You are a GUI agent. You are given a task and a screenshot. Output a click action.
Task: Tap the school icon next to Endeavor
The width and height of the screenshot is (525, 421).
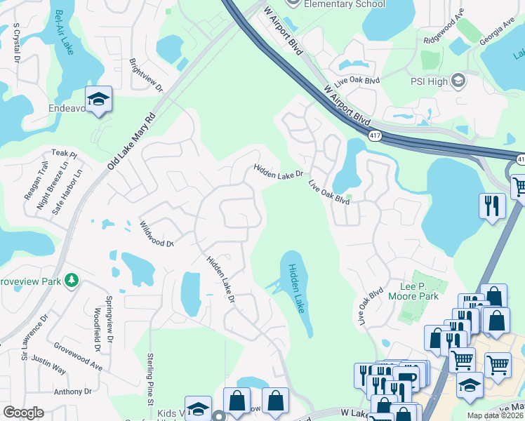pos(98,100)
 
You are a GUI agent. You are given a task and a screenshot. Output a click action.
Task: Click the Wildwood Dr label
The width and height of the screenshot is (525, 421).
pos(156,234)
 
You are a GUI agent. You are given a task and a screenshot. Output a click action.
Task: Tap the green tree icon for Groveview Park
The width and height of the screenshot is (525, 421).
pos(71,281)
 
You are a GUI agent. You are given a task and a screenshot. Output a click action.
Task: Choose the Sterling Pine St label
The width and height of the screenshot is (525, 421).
pos(149,381)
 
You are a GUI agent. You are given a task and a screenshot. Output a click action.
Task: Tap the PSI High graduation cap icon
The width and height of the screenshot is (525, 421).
pos(458,81)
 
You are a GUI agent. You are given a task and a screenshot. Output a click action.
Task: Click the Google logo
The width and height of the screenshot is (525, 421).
pos(23,412)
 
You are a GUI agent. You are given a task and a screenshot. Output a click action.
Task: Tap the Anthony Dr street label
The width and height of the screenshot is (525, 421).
pos(73,392)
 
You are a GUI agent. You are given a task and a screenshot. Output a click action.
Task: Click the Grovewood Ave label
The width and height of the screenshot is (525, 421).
pos(78,356)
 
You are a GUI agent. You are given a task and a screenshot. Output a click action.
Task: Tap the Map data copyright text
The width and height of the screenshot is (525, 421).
pos(496,415)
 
